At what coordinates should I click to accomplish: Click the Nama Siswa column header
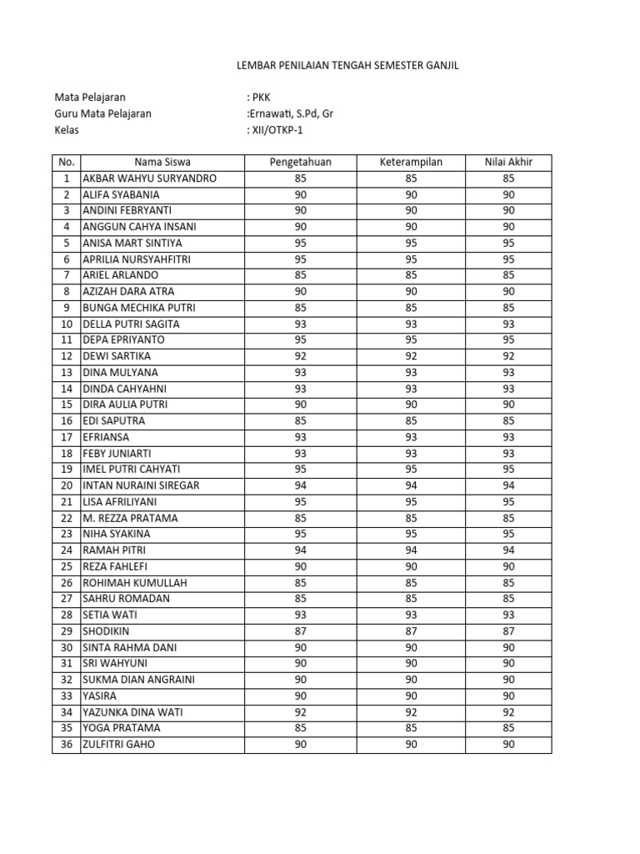(x=162, y=162)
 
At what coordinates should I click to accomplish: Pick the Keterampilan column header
(x=411, y=162)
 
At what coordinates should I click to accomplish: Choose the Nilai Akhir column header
(x=508, y=162)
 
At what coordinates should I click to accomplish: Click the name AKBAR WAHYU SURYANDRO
(x=149, y=178)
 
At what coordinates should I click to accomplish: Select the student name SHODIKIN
(x=106, y=631)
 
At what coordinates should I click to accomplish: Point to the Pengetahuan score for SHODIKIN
(x=301, y=631)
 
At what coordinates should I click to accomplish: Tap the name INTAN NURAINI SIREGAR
(x=141, y=485)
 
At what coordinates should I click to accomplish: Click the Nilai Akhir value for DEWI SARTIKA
(x=508, y=356)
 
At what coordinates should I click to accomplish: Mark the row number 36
(x=66, y=745)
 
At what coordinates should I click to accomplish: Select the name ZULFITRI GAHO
(x=118, y=745)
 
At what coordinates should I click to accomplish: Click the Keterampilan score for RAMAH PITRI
(x=411, y=550)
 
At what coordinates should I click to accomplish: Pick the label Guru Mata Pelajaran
(x=103, y=113)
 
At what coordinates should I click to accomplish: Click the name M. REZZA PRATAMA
(x=130, y=518)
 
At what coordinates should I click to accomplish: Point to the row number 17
(x=66, y=437)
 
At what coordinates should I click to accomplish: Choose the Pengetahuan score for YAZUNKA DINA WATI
(x=301, y=712)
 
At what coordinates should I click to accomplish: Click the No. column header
(x=66, y=162)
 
